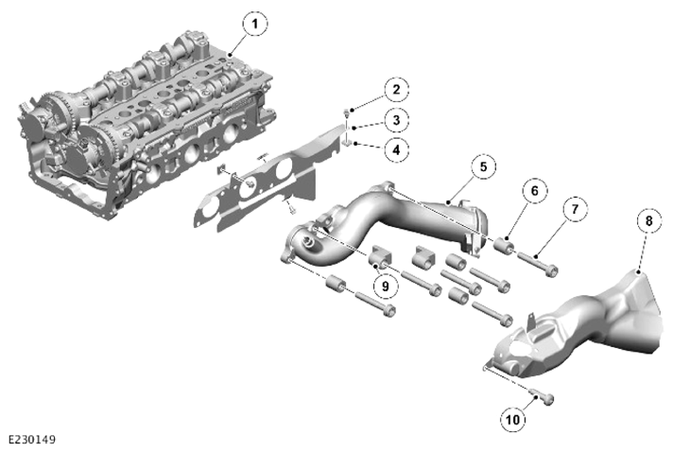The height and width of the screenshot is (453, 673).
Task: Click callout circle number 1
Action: (255, 24)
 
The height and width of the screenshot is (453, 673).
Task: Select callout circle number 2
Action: (396, 89)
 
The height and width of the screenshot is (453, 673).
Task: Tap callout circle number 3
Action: (396, 120)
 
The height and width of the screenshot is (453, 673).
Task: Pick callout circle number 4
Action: (396, 149)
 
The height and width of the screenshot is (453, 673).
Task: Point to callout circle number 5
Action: (484, 166)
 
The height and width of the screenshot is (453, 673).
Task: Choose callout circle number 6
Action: (535, 190)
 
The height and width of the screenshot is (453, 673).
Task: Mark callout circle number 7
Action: (575, 209)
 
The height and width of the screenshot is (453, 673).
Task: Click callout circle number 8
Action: (648, 220)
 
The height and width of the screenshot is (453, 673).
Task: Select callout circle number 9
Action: (385, 286)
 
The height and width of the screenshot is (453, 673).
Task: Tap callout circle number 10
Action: (513, 419)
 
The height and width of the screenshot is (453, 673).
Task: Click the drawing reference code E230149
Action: (32, 440)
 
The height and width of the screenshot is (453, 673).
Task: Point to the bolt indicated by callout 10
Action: (542, 395)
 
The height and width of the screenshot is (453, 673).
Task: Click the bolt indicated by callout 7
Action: (538, 264)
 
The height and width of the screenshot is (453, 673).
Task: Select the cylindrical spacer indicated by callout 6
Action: (504, 245)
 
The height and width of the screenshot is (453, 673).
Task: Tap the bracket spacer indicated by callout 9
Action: (381, 256)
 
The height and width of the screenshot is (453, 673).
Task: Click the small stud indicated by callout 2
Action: (346, 113)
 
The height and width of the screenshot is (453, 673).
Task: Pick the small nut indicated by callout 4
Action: (348, 143)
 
